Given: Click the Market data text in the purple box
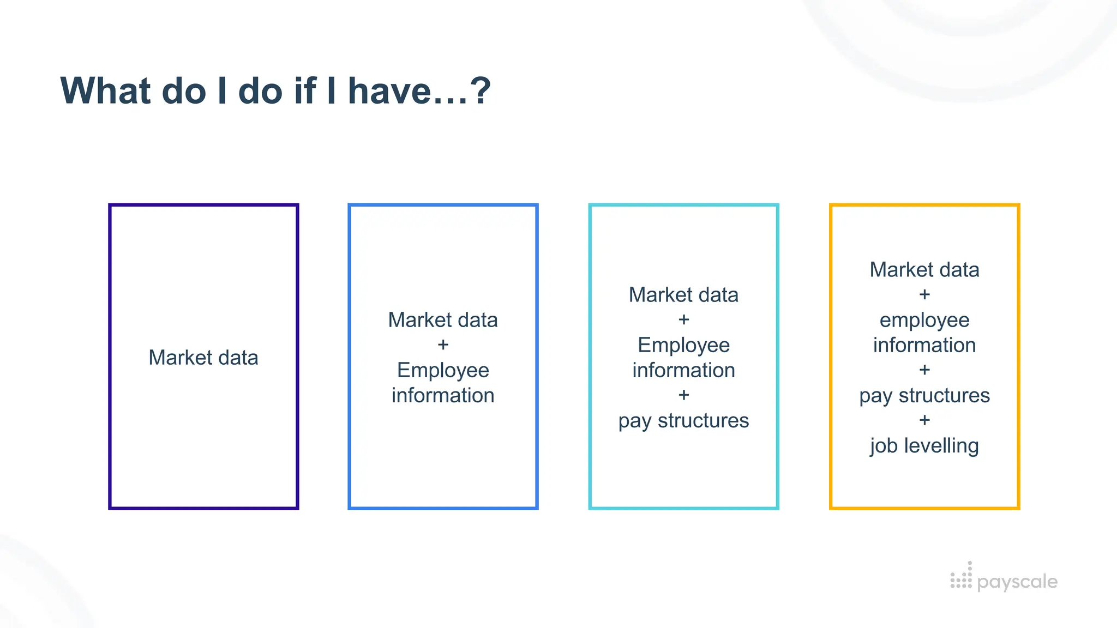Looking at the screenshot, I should pyautogui.click(x=203, y=358).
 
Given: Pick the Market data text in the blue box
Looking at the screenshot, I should pyautogui.click(x=443, y=320).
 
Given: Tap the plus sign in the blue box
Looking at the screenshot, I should pyautogui.click(x=443, y=345).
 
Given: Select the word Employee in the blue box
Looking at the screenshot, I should pyautogui.click(x=443, y=370).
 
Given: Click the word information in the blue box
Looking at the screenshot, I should pyautogui.click(x=443, y=395).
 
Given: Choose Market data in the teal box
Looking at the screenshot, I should pyautogui.click(x=683, y=295).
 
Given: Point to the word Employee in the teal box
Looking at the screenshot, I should pyautogui.click(x=683, y=345).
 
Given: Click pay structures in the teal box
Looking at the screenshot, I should pyautogui.click(x=683, y=420).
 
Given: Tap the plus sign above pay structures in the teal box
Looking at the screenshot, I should pyautogui.click(x=683, y=395).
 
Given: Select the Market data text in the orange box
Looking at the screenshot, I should pyautogui.click(x=924, y=270).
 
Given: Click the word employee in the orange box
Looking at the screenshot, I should pyautogui.click(x=924, y=320).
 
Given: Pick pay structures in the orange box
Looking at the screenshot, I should pyautogui.click(x=924, y=395).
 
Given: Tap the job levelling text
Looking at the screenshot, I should pyautogui.click(x=924, y=445).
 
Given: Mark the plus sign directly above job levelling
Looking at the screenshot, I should pyautogui.click(x=924, y=420).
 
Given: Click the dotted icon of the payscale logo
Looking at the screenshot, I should pyautogui.click(x=961, y=577).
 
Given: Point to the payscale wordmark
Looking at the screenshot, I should pyautogui.click(x=1017, y=582).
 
